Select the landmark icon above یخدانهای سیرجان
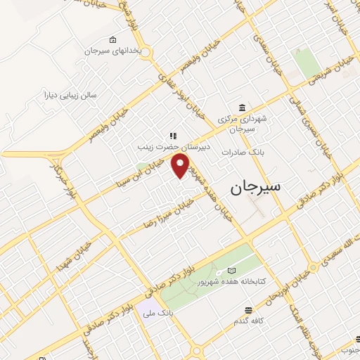tap(113, 40)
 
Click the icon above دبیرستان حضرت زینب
tap(170, 136)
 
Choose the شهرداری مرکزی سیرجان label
tap(242, 124)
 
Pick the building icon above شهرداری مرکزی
tap(242, 108)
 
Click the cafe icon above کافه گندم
tap(247, 310)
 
